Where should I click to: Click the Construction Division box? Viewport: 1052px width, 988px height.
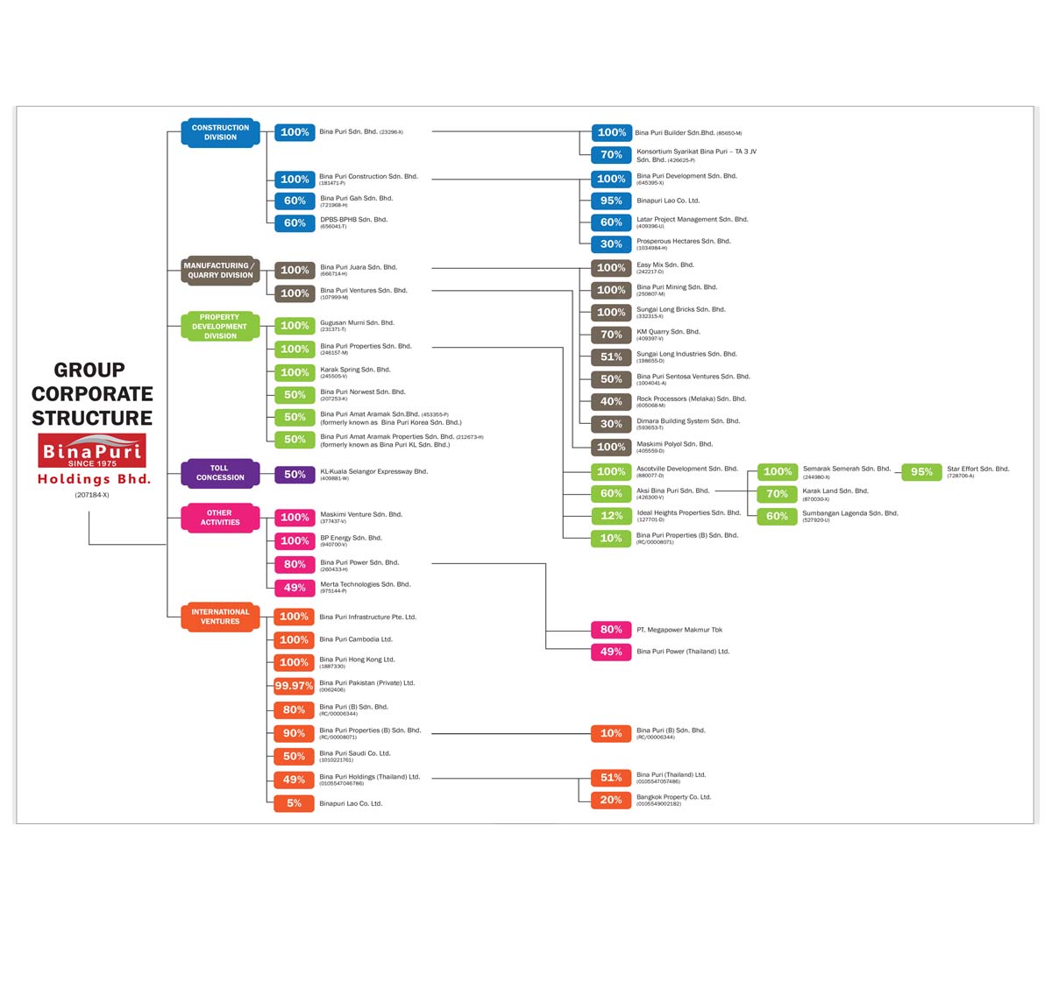click(220, 132)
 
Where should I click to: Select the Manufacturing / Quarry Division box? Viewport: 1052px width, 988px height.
click(220, 270)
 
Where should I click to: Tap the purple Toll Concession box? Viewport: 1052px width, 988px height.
click(220, 473)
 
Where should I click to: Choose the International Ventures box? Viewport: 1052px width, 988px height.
click(220, 617)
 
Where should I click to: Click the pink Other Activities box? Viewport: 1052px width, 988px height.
click(220, 518)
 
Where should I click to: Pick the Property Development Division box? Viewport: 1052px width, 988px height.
click(220, 327)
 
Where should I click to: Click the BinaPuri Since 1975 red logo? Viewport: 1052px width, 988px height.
click(92, 451)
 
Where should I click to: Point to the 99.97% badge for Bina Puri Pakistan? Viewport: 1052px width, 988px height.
click(294, 686)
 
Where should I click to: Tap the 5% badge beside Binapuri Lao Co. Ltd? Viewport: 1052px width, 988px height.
click(294, 803)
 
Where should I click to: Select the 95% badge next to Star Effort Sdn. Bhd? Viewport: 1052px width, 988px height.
click(921, 472)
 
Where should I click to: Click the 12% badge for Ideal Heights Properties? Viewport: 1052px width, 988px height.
click(611, 516)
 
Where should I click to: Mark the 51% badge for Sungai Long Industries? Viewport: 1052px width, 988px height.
click(611, 357)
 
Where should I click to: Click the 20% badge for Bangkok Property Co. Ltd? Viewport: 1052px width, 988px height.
click(611, 800)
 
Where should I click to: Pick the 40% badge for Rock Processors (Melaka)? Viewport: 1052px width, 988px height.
click(611, 402)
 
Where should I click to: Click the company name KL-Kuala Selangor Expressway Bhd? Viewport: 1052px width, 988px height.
click(373, 472)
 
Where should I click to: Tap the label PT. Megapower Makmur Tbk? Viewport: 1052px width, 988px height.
click(679, 630)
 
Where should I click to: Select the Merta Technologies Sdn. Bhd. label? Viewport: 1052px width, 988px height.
click(365, 585)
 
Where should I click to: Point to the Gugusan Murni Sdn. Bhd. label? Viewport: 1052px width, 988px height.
click(357, 323)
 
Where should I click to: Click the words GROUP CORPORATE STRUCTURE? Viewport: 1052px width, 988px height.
click(92, 394)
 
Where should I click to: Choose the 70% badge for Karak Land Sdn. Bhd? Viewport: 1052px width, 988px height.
click(777, 494)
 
